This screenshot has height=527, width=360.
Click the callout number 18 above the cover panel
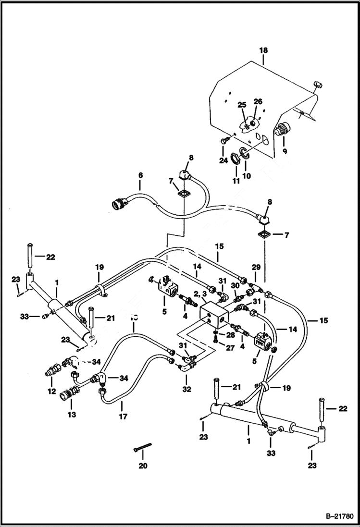(x=264, y=50)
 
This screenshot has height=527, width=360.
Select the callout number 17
(x=123, y=417)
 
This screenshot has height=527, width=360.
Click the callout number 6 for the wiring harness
(x=140, y=183)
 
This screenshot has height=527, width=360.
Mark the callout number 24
(x=223, y=161)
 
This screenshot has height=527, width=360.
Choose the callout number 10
(x=247, y=176)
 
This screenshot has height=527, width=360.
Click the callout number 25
(x=242, y=104)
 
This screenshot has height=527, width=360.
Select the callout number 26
(x=258, y=101)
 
